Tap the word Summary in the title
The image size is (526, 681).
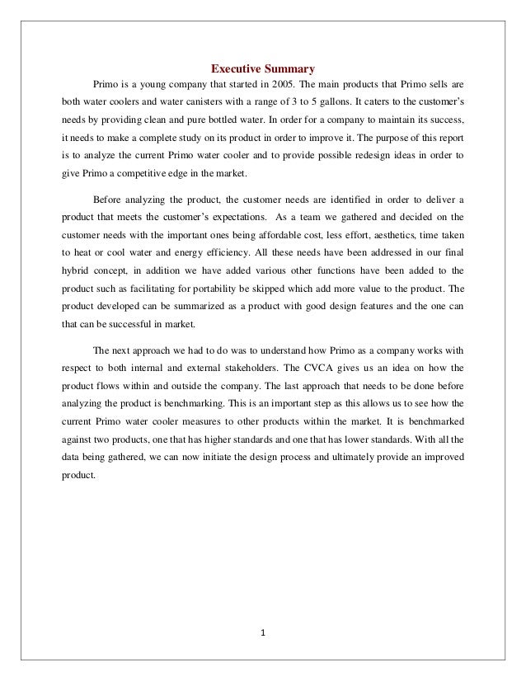[289, 68]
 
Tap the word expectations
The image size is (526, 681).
[228, 222]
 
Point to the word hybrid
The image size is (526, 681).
[76, 268]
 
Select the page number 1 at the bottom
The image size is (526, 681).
[263, 633]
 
